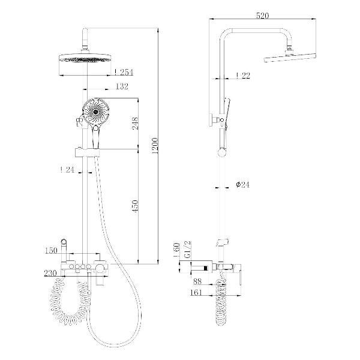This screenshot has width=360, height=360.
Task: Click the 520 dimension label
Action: [x=262, y=16]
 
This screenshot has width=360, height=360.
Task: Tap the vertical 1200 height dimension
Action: [x=155, y=146]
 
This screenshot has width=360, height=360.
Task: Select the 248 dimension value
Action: [x=135, y=123]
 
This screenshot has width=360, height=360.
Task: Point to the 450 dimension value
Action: [x=136, y=206]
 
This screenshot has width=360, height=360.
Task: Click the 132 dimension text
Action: [x=122, y=86]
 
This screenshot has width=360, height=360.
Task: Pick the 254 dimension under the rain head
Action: [x=124, y=72]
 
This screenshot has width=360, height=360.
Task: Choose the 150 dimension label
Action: [x=51, y=250]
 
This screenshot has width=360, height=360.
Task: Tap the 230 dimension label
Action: [x=50, y=273]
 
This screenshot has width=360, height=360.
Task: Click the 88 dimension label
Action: [x=197, y=281]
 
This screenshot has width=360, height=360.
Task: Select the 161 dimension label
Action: [x=196, y=293]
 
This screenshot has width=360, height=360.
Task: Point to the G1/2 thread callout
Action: [x=188, y=250]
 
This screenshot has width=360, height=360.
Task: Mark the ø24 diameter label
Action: [x=242, y=184]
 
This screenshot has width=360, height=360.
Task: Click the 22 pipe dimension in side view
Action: [x=243, y=76]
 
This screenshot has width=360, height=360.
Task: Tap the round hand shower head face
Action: [x=95, y=112]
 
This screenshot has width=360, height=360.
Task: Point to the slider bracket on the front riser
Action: [x=87, y=152]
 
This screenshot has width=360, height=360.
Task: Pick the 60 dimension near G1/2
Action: [x=176, y=250]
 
